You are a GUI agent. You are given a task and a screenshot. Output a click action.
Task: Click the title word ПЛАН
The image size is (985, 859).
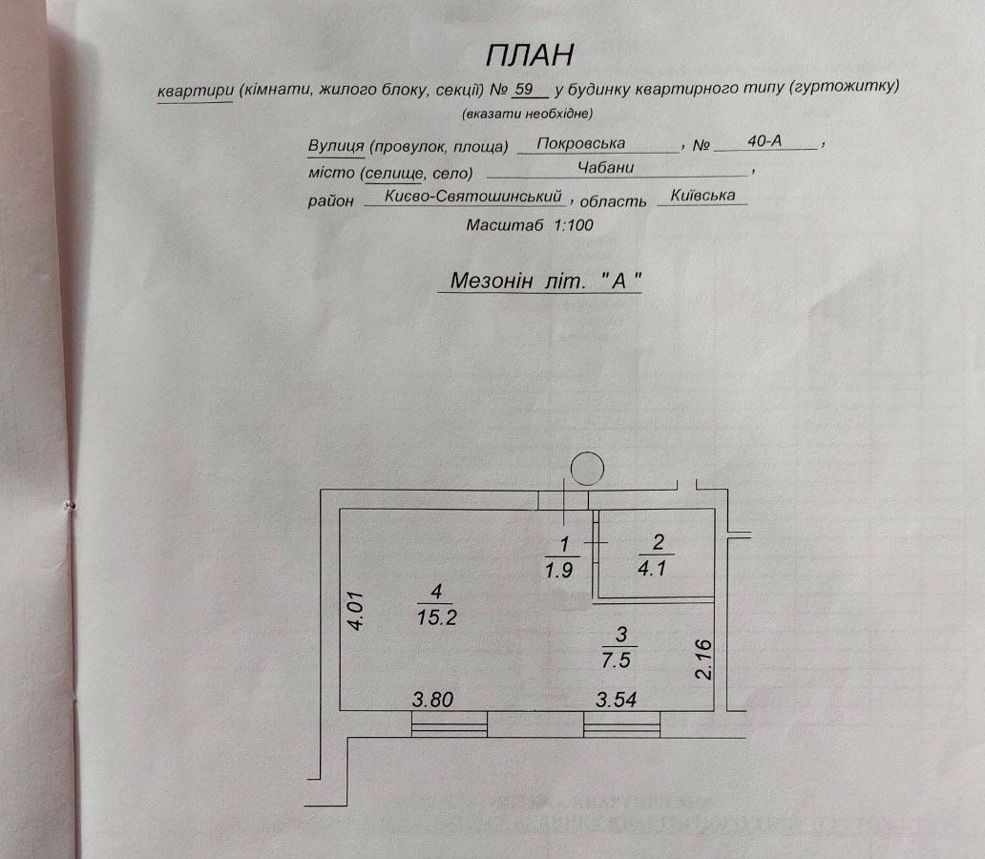coord(530,54)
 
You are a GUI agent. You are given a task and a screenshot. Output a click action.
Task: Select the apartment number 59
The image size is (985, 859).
coord(523,91)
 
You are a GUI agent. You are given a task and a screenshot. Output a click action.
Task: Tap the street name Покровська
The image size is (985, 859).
coord(581,143)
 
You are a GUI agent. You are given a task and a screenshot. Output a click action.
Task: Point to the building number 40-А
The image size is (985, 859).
coord(765,141)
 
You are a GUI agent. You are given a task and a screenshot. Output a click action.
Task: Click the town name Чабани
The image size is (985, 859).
coord(606,167)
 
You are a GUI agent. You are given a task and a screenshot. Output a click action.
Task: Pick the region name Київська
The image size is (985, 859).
coord(703,195)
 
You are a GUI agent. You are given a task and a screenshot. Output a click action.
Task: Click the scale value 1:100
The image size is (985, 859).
coord(573,226)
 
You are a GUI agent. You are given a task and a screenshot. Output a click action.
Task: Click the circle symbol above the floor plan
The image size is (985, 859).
coord(586,468)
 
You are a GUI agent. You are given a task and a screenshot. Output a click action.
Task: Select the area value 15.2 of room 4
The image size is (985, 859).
coord(437,617)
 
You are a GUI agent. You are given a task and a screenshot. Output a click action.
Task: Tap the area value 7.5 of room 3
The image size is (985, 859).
coord(620,658)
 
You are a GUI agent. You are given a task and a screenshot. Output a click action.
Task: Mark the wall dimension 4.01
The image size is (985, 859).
coord(356,608)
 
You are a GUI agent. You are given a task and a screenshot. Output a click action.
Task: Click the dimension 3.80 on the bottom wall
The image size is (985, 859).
coord(432,699)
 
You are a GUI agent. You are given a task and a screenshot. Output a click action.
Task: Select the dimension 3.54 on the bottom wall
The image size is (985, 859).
coord(616,699)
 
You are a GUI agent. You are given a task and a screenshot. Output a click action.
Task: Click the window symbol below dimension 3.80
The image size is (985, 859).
coord(449,725)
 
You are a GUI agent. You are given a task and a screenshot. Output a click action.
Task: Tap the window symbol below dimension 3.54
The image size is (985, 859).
coord(622,725)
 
